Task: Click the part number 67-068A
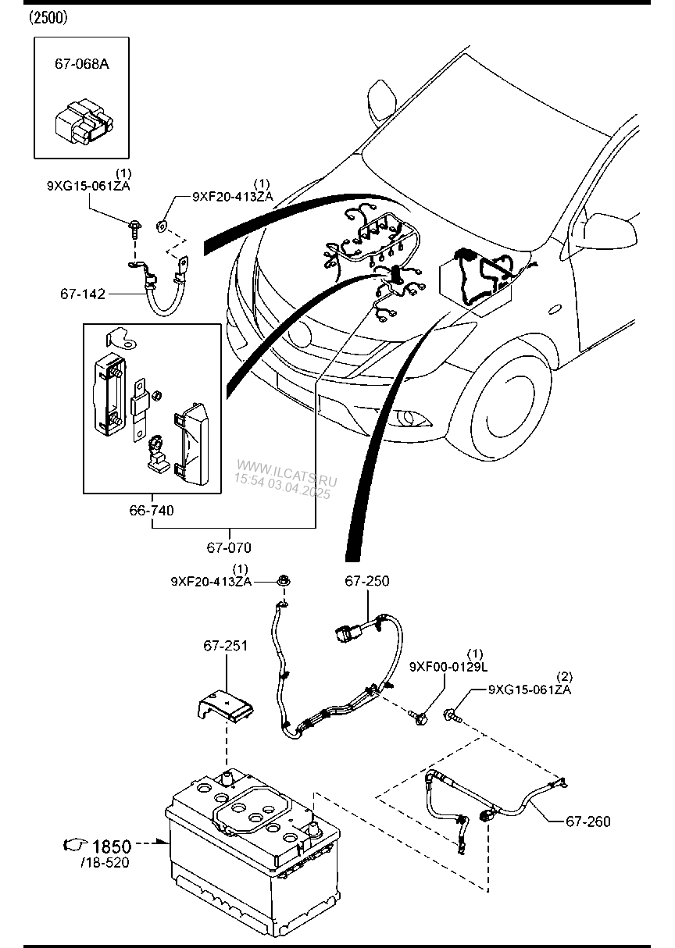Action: click(x=81, y=64)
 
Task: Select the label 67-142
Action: click(x=81, y=294)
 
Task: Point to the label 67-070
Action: click(x=229, y=547)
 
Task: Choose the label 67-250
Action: click(x=367, y=581)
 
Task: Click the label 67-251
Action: click(x=226, y=646)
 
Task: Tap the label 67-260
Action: click(x=587, y=821)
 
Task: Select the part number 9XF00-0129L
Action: click(x=448, y=666)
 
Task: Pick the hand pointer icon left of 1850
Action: click(x=76, y=845)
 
